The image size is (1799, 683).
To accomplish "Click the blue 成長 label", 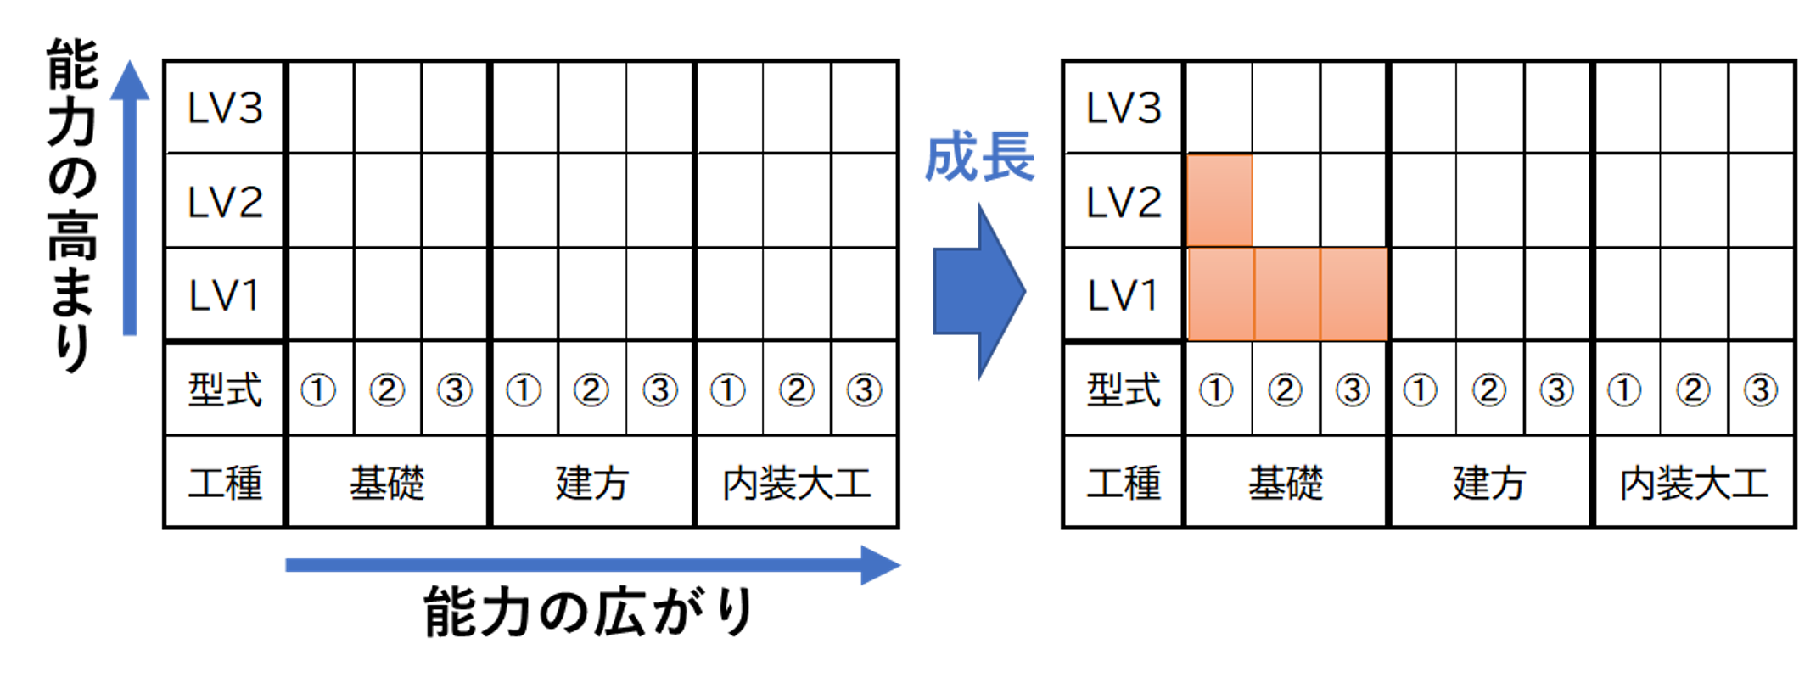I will tap(979, 157).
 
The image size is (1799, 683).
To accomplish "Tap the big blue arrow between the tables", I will tap(978, 291).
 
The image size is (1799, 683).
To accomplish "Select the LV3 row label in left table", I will tap(225, 108).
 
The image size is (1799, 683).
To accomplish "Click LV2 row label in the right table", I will tap(1124, 202).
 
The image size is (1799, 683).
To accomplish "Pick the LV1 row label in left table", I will tap(225, 295).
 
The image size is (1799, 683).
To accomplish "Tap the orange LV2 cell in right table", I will tap(1219, 201).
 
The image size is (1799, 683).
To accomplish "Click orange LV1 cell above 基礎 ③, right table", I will tap(1353, 294).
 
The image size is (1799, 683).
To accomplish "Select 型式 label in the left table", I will tap(225, 390).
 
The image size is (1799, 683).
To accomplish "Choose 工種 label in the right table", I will tap(1124, 483).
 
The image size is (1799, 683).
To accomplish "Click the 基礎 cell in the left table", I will tap(387, 483).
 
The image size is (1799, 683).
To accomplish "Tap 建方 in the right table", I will tap(1489, 483).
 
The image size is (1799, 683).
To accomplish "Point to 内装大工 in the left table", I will tap(796, 483).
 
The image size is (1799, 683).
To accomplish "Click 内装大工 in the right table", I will tap(1694, 483).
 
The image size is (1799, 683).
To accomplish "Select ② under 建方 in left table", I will tap(591, 390).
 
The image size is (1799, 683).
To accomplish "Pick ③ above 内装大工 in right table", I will tap(1760, 390).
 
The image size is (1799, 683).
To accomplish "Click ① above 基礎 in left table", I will tap(318, 390).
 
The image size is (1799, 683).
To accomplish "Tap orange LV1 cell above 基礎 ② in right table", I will tap(1286, 294).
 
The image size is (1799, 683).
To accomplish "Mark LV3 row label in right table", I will tap(1124, 108).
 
